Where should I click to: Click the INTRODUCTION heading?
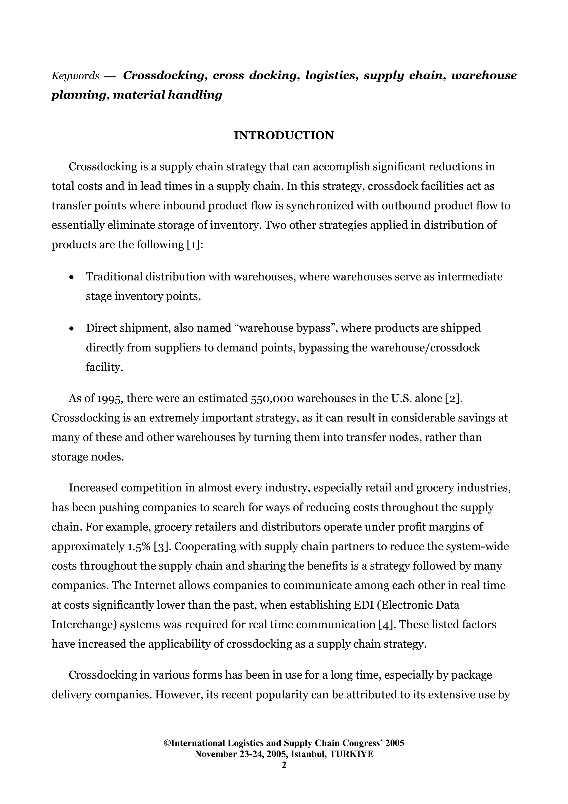click(284, 135)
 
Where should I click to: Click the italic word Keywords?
click(75, 76)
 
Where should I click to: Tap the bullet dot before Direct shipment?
click(72, 329)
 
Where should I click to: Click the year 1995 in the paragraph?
click(110, 398)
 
